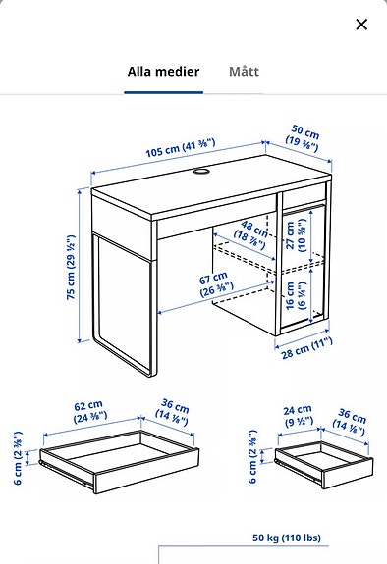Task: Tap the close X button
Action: click(x=361, y=25)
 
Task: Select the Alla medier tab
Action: click(x=163, y=72)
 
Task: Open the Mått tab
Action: click(x=245, y=72)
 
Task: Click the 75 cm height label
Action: click(x=71, y=269)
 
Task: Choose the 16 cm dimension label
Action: click(x=292, y=292)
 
